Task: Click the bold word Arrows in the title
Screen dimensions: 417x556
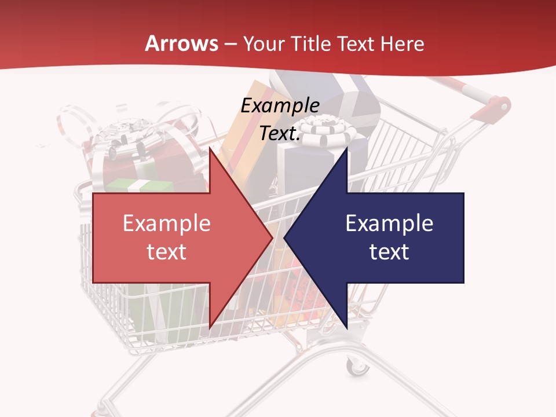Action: pos(182,43)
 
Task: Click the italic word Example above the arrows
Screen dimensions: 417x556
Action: pos(280,105)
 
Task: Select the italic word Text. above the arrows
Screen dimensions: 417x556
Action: pos(280,133)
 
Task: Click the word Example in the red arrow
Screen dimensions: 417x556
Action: pos(167,223)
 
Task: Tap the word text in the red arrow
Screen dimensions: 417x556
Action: pos(167,252)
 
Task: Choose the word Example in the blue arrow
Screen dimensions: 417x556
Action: pos(389,223)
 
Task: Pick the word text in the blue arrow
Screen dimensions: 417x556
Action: pos(389,252)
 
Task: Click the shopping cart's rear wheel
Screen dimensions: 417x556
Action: pos(357,366)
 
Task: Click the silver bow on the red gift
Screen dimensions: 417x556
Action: pos(125,139)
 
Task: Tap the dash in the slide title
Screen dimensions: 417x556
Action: pos(230,44)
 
